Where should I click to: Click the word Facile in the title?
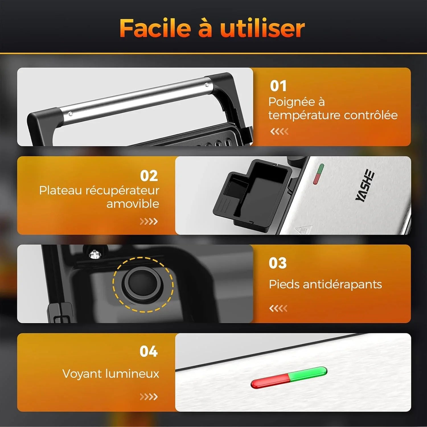point(155,28)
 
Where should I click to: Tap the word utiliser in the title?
point(262,28)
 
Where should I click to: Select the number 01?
point(278,86)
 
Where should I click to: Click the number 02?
point(149,176)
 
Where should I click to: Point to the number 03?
point(278,263)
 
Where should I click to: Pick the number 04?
point(149,352)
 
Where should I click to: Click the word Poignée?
point(291,102)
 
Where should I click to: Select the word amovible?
point(133,204)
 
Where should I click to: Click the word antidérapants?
point(342,284)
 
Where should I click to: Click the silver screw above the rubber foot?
point(95,254)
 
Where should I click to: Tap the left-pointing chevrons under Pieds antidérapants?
point(278,308)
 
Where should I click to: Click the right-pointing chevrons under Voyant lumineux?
point(149,397)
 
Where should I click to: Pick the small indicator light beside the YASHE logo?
point(319,174)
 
